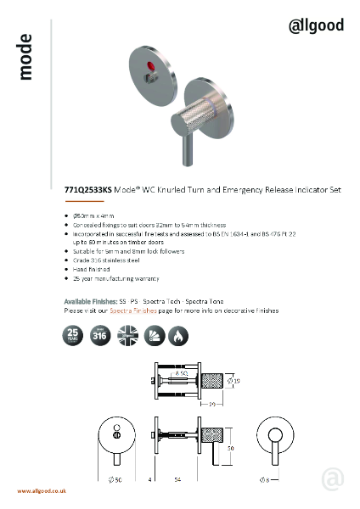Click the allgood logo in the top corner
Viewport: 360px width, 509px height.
pos(316,25)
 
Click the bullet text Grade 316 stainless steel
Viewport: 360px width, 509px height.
pos(109,260)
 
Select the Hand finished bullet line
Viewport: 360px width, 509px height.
pos(91,269)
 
